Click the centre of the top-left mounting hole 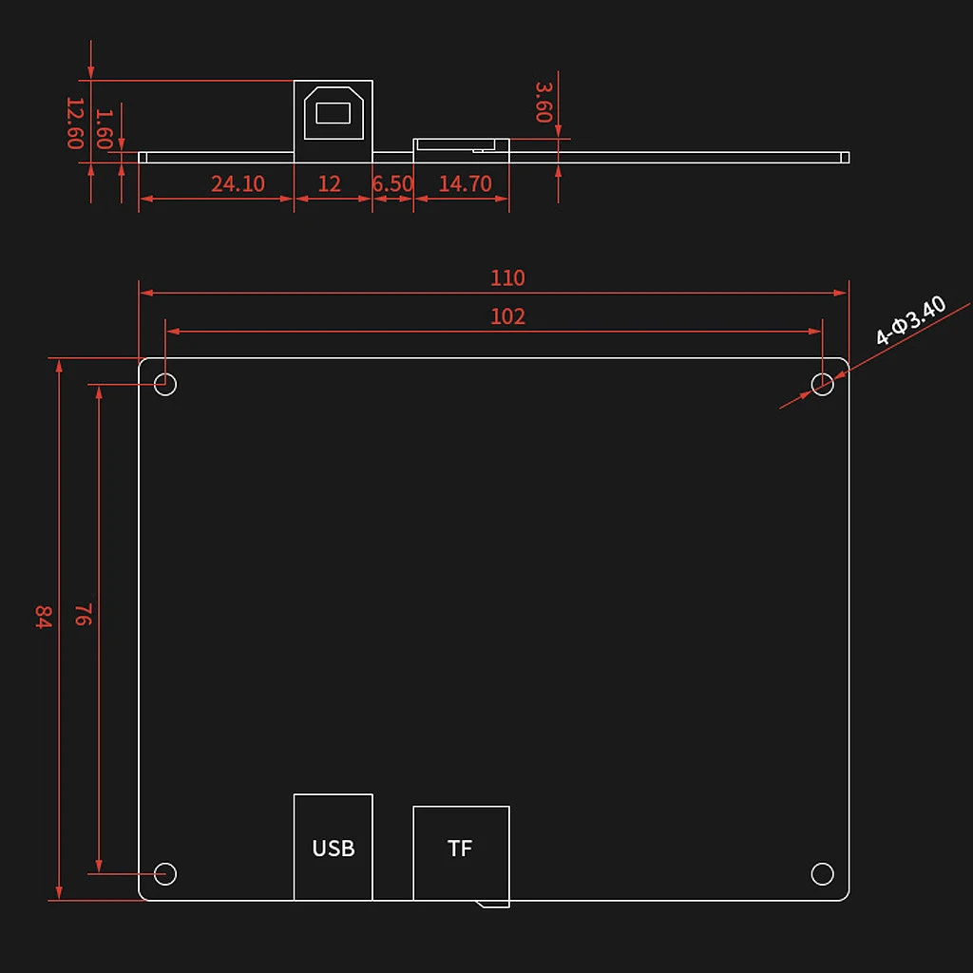[x=165, y=384]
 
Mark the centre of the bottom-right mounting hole [x=822, y=874]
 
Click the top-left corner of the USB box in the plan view [x=295, y=794]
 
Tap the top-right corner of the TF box [x=509, y=807]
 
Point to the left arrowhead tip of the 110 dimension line [x=140, y=293]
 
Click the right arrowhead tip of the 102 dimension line [x=822, y=332]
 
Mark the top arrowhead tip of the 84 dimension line [x=59, y=358]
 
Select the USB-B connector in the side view [x=334, y=121]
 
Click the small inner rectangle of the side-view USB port [x=334, y=113]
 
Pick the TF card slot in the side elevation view [x=461, y=150]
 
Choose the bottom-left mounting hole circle [x=165, y=874]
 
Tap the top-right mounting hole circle [x=822, y=384]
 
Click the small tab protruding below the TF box [x=493, y=905]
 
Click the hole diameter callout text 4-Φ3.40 [x=910, y=320]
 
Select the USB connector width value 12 [x=329, y=183]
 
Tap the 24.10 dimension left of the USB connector [x=238, y=183]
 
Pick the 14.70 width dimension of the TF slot [x=465, y=183]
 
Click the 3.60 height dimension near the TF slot [x=544, y=103]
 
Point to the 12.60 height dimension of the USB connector [x=75, y=123]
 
